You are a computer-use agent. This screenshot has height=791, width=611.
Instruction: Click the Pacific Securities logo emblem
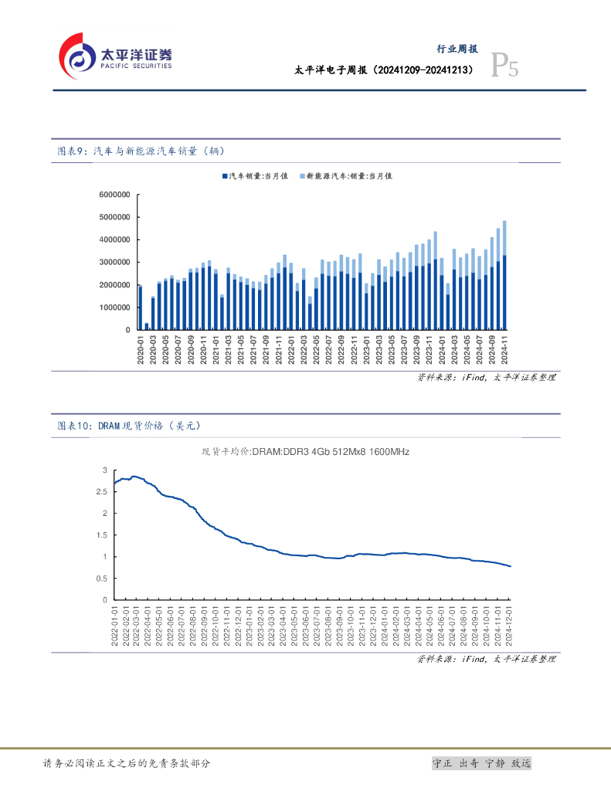[x=77, y=56]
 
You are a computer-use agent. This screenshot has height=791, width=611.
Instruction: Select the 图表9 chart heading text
[x=141, y=151]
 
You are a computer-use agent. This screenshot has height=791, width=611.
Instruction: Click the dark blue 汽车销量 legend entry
[x=255, y=176]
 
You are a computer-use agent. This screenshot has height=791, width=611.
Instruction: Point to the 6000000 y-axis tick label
[x=114, y=195]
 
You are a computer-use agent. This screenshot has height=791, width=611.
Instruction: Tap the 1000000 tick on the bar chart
[x=114, y=307]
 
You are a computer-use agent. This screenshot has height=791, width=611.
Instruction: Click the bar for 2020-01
[x=141, y=308]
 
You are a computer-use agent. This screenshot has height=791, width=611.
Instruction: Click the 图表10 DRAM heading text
[x=133, y=426]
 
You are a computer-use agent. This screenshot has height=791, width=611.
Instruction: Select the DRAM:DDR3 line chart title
[x=305, y=452]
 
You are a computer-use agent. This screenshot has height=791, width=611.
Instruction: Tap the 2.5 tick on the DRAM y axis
[x=103, y=491]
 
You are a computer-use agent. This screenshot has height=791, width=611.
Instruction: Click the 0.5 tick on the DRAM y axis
[x=103, y=578]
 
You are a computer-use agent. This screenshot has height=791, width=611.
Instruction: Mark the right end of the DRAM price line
[x=510, y=566]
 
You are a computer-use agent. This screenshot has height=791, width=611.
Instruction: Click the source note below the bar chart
[x=486, y=378]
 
